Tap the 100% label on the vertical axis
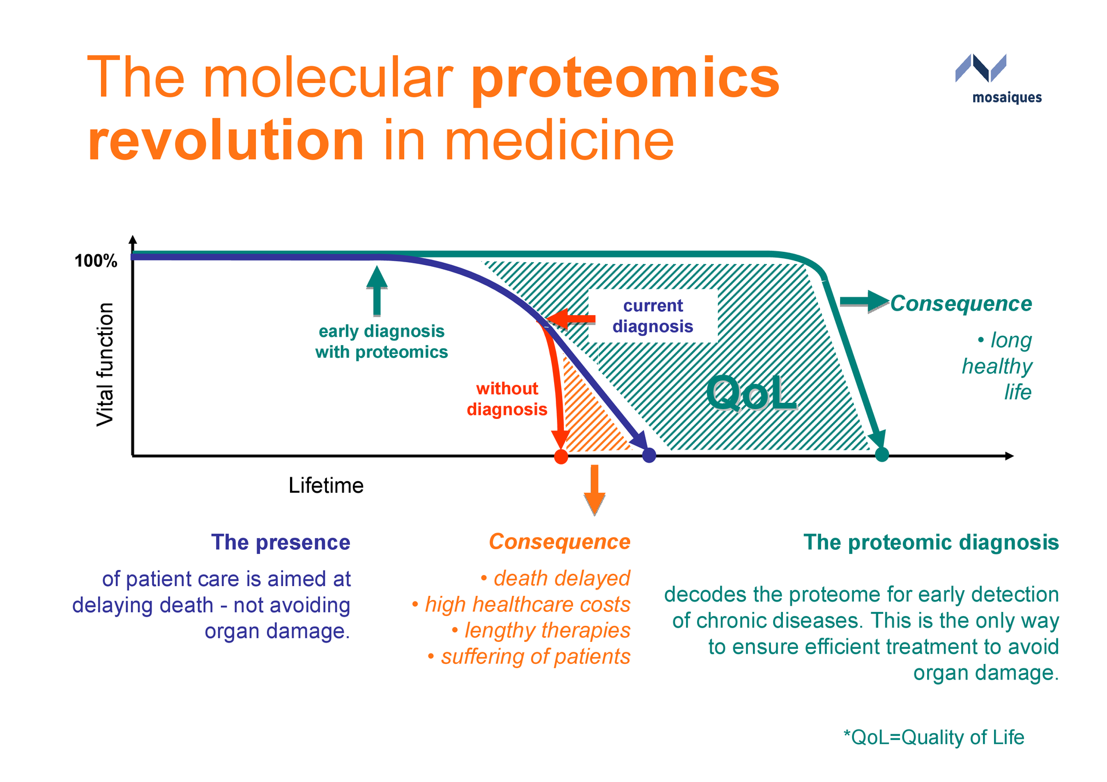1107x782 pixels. pyautogui.click(x=96, y=261)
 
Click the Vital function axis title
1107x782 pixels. pyautogui.click(x=106, y=364)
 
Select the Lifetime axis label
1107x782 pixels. pyautogui.click(x=326, y=486)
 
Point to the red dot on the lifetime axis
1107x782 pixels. pyautogui.click(x=560, y=456)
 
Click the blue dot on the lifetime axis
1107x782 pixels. pyautogui.click(x=649, y=455)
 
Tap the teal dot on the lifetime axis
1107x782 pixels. pyautogui.click(x=882, y=455)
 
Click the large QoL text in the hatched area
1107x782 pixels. pyautogui.click(x=751, y=394)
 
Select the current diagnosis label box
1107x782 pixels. pyautogui.click(x=653, y=316)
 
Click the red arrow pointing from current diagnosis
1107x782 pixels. pyautogui.click(x=571, y=319)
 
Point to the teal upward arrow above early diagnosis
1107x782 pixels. pyautogui.click(x=376, y=290)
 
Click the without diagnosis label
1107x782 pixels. pyautogui.click(x=507, y=399)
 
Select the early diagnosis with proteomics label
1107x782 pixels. pyautogui.click(x=381, y=342)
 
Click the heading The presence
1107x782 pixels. pyautogui.click(x=280, y=542)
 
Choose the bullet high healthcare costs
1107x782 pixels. pyautogui.click(x=527, y=605)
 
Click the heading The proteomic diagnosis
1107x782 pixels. pyautogui.click(x=931, y=542)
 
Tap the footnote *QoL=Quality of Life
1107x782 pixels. pyautogui.click(x=933, y=737)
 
